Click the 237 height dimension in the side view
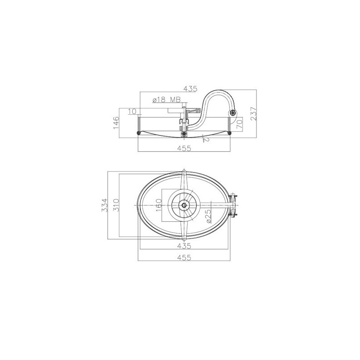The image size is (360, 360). [x=253, y=113]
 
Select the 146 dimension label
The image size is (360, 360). [x=117, y=122]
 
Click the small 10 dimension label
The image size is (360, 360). [x=132, y=111]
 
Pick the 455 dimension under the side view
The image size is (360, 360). [x=184, y=148]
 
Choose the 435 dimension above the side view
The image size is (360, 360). [x=190, y=88]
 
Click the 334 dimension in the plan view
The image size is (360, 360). [x=104, y=205]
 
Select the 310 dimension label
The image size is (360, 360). [x=116, y=205]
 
